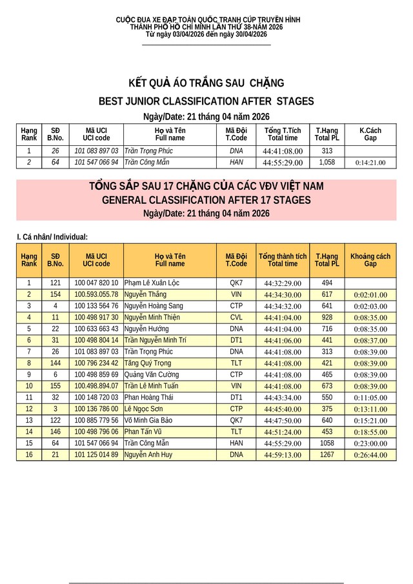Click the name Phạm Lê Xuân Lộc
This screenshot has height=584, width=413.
click(152, 283)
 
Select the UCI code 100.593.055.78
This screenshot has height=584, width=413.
click(96, 294)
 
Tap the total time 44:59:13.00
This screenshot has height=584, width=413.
click(283, 455)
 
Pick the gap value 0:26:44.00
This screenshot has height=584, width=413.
click(370, 455)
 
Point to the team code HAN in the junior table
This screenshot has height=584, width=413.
click(236, 162)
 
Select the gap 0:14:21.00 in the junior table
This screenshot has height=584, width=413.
click(370, 163)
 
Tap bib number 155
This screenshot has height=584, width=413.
click(55, 386)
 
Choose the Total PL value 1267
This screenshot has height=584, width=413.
click(327, 455)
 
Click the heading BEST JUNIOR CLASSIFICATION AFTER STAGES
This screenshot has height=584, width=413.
click(206, 101)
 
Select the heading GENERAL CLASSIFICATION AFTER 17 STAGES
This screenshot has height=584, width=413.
click(206, 201)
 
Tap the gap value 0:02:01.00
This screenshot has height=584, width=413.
click(370, 295)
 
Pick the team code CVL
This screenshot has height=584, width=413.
click(236, 317)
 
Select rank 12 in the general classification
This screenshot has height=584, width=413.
click(29, 409)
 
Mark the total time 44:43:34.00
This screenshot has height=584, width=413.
click(283, 398)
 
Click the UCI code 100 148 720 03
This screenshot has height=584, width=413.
click(96, 398)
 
